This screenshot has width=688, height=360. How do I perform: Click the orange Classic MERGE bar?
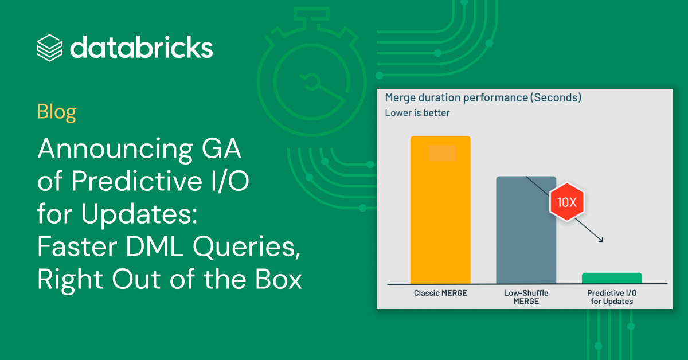click(x=440, y=210)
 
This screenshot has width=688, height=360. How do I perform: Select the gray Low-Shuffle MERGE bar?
click(x=526, y=230)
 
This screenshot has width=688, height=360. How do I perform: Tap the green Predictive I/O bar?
click(x=612, y=278)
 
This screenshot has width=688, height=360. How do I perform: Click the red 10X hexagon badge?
click(x=566, y=202)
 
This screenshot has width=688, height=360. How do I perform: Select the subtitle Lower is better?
click(x=417, y=113)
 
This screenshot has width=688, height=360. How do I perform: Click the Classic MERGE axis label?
click(x=440, y=293)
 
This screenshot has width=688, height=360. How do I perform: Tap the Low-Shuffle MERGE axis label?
click(x=526, y=297)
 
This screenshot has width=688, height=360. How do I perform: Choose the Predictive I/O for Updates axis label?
click(x=612, y=297)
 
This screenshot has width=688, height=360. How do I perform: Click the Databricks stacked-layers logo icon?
click(x=49, y=48)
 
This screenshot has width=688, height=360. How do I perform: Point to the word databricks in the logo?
click(x=141, y=47)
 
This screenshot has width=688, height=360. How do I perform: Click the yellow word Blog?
click(x=57, y=112)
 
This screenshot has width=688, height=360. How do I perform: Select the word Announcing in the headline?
click(x=115, y=149)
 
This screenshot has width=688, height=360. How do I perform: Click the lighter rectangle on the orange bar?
click(x=442, y=153)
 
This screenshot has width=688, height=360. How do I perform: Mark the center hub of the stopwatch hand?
click(x=312, y=83)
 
